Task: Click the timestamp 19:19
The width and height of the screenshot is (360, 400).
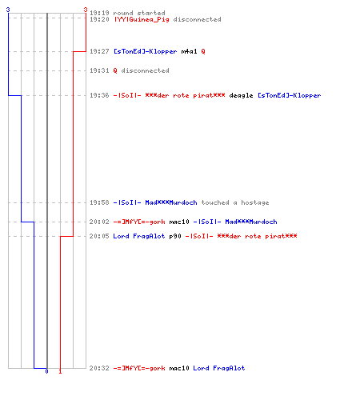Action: pyautogui.click(x=99, y=13)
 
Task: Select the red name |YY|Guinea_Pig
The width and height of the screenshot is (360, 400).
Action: pyautogui.click(x=142, y=19)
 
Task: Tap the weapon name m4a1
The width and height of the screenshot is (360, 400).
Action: pyautogui.click(x=189, y=51)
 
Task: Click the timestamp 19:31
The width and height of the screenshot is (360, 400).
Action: pyautogui.click(x=99, y=70)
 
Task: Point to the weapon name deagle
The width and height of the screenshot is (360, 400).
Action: pyautogui.click(x=241, y=95)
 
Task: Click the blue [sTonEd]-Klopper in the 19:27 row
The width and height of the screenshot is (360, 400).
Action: pyautogui.click(x=146, y=51)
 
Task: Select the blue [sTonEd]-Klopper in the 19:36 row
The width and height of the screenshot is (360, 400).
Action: pyautogui.click(x=290, y=95)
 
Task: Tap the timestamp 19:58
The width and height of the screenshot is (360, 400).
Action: pyautogui.click(x=99, y=202)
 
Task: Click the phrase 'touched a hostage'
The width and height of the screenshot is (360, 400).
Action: pyautogui.click(x=235, y=202)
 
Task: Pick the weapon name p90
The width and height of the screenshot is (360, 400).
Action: pyautogui.click(x=175, y=236)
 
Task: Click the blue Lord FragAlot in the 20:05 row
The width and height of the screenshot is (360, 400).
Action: pyautogui.click(x=139, y=236)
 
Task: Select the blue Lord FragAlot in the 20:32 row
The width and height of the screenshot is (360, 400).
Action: pyautogui.click(x=219, y=368)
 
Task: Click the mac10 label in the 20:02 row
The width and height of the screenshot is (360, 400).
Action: pyautogui.click(x=179, y=222)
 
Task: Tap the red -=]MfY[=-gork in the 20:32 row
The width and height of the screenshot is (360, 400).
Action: pyautogui.click(x=139, y=368)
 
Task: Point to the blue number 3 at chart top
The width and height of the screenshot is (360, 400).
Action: pyautogui.click(x=8, y=10)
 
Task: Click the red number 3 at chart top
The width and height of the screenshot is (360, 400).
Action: pyautogui.click(x=86, y=10)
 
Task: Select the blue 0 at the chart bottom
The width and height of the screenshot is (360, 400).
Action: pyautogui.click(x=46, y=371)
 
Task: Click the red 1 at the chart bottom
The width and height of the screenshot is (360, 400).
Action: pyautogui.click(x=60, y=371)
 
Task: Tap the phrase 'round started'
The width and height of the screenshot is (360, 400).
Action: pyautogui.click(x=139, y=13)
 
